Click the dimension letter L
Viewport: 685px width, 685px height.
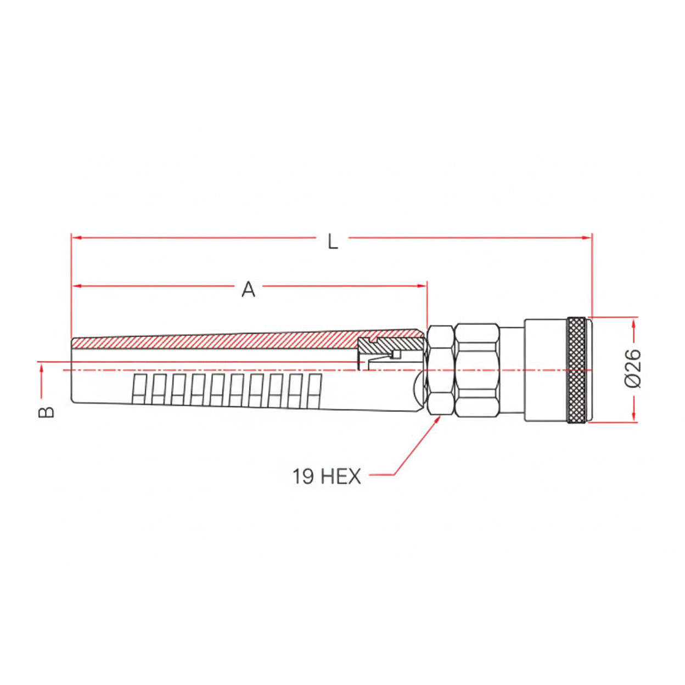333,242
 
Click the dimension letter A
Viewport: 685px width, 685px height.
249,290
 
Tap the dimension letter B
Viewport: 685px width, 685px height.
47,412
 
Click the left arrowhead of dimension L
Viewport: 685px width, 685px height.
76,238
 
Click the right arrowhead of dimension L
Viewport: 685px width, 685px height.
587,238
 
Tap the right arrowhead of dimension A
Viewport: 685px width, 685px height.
422,285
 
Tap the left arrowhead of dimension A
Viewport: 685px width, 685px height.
77,285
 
